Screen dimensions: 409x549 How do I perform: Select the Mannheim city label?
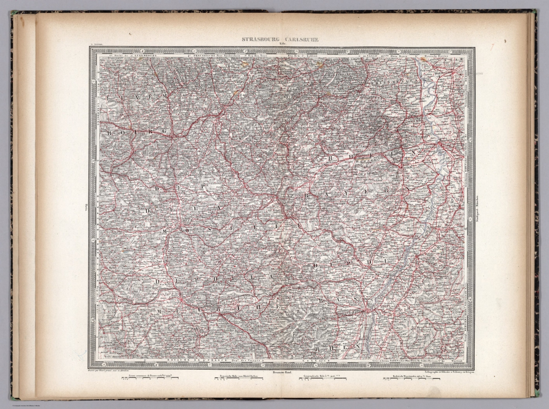pyautogui.click(x=445, y=140)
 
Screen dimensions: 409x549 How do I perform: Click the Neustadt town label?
pyautogui.click(x=406, y=167)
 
